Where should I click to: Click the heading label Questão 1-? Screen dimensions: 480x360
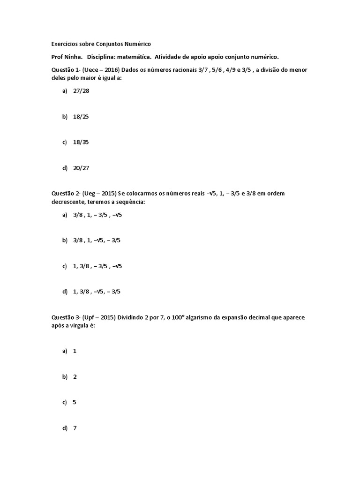66,70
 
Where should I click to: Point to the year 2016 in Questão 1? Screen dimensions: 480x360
111,70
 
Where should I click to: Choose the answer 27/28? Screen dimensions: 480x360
81,91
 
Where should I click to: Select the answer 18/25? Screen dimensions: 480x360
81,116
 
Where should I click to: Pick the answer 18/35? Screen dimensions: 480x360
81,142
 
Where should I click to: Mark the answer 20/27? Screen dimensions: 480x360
81,168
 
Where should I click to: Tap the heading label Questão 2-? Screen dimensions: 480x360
66,194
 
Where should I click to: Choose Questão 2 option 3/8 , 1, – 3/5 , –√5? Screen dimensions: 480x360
97,215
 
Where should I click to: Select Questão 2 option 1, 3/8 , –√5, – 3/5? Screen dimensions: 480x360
97,292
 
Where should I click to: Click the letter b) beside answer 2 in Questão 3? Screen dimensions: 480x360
65,376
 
